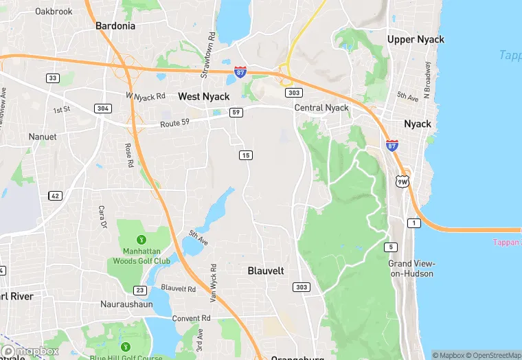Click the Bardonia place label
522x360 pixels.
115,25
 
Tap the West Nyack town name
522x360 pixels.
204,97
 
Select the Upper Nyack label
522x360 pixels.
416,39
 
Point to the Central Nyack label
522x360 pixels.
321,108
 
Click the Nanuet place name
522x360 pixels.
43,137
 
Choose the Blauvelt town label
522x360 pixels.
266,271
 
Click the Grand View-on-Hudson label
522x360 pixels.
411,269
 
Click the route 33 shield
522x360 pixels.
53,78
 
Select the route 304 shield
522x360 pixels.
103,109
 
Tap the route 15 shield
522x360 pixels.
246,155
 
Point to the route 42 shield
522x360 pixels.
55,196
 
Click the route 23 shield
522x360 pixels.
140,290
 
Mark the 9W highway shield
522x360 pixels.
402,181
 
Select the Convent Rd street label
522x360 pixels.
192,318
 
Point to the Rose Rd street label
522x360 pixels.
128,155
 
